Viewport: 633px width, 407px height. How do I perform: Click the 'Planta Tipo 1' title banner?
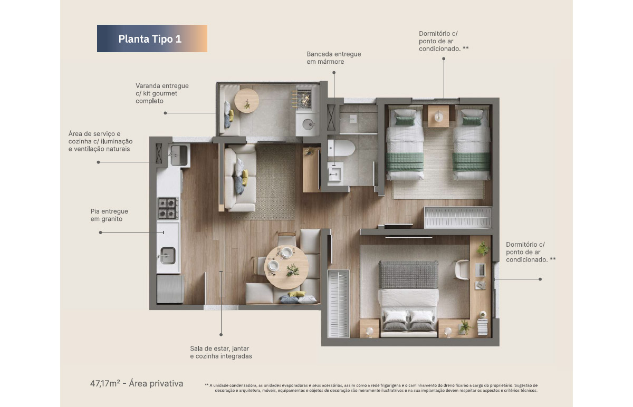152,38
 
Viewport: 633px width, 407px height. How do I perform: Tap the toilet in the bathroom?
341,148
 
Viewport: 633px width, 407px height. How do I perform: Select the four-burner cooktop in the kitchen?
168,208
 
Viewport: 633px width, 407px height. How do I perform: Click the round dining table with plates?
286,267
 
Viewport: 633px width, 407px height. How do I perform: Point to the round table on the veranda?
247,101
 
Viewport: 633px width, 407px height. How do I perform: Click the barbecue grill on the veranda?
303,98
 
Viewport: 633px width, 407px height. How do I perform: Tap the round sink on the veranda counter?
308,124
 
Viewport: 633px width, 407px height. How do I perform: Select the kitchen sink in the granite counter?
168,256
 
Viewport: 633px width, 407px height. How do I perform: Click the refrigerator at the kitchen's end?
170,289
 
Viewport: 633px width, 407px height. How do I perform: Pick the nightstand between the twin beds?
438,116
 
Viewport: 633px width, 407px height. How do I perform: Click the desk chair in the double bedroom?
462,269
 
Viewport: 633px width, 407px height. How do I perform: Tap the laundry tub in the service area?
179,155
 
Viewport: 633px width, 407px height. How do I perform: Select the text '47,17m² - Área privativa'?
137,384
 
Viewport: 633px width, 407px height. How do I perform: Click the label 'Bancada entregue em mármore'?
334,57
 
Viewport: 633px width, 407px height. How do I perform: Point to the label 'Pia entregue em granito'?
109,215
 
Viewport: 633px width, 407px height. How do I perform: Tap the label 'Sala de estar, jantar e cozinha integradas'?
221,352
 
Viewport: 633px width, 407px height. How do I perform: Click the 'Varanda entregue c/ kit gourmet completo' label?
162,93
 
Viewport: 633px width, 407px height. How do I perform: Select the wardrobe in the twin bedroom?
458,218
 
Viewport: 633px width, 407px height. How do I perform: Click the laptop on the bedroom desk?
481,270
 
